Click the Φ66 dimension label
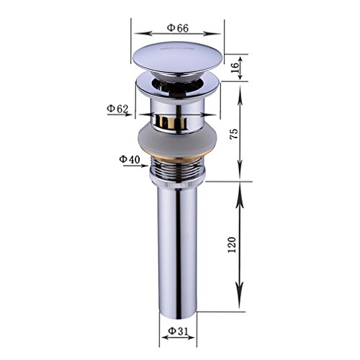178,27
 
